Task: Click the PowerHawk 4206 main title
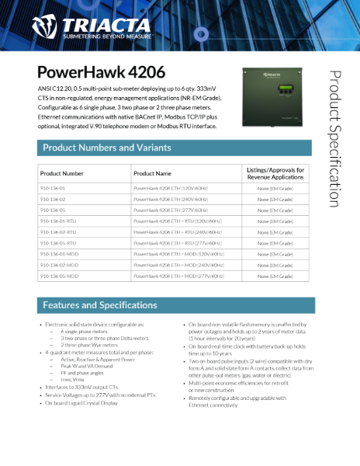click(101, 73)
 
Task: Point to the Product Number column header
click(62, 173)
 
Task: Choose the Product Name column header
click(152, 173)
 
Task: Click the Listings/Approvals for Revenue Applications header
click(275, 173)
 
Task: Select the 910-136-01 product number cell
click(53, 188)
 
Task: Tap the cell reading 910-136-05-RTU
click(58, 243)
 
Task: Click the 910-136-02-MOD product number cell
click(59, 265)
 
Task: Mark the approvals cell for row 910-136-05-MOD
click(275, 276)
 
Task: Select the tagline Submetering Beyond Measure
click(109, 35)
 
